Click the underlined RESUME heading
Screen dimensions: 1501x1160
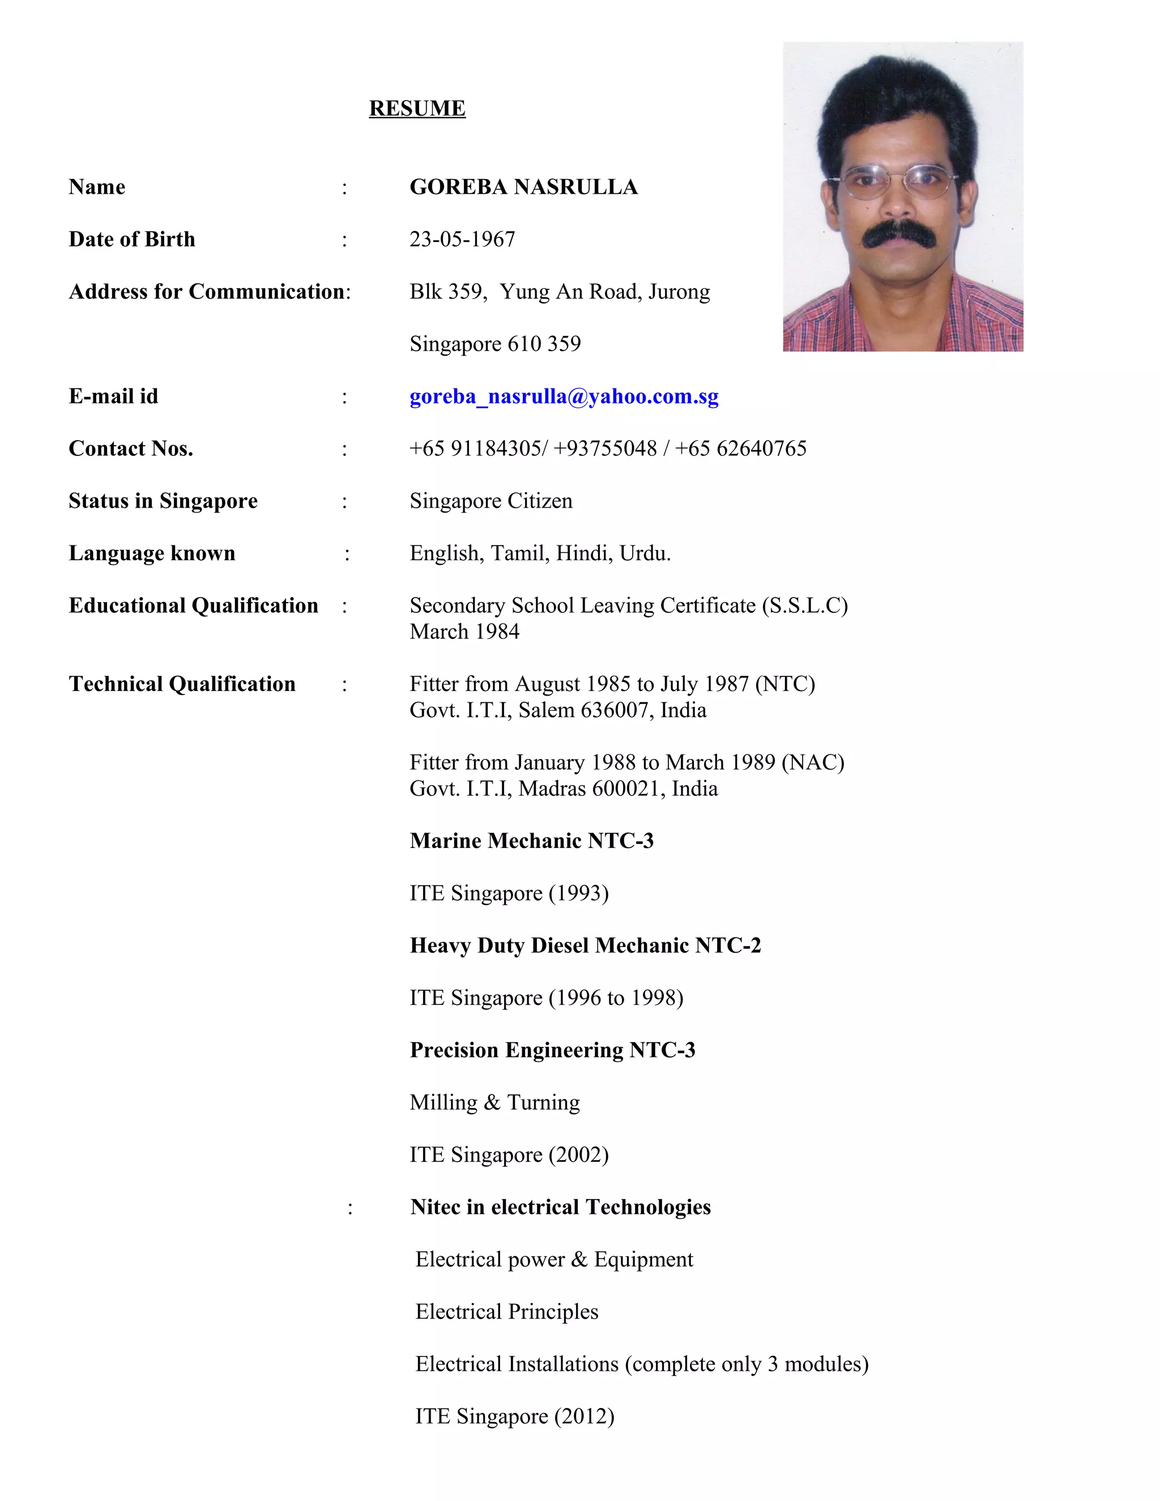pos(417,109)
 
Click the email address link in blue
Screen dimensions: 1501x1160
pos(564,396)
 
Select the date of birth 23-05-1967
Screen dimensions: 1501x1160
pos(462,239)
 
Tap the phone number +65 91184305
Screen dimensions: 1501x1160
pos(477,449)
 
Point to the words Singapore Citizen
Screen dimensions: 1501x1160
pos(491,501)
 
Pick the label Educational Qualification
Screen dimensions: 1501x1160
pos(193,605)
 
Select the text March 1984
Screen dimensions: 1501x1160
pos(464,632)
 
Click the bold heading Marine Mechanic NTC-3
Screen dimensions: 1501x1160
pos(531,841)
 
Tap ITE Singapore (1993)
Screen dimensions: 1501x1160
pos(509,893)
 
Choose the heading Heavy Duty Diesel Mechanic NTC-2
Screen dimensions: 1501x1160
pos(585,946)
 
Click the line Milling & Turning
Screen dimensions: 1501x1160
pos(494,1102)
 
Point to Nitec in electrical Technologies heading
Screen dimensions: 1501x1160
pos(560,1208)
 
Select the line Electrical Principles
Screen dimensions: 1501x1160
pos(506,1312)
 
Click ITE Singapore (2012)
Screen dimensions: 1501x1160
pos(514,1417)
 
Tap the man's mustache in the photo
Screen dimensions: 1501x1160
pos(899,235)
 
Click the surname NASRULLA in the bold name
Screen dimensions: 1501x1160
pos(576,187)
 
